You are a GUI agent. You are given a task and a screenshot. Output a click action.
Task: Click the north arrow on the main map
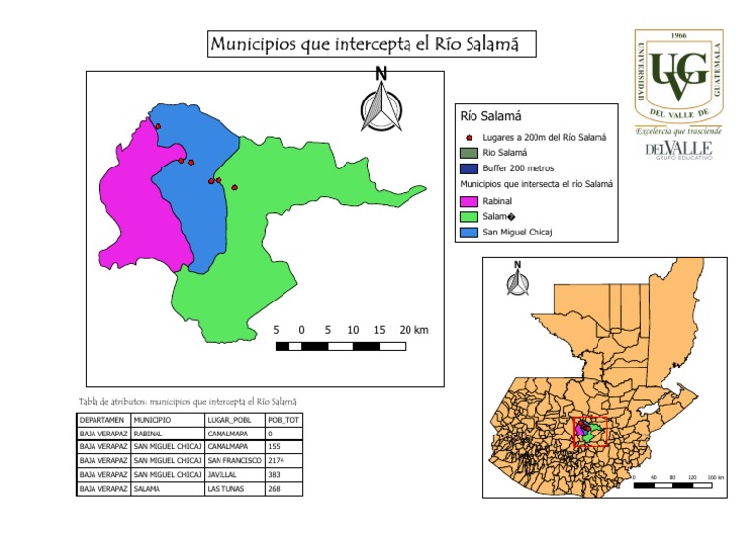point(381,100)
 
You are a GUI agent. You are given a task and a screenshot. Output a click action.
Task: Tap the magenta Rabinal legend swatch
point(471,200)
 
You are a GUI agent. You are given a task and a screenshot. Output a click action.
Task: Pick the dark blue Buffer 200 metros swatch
point(471,168)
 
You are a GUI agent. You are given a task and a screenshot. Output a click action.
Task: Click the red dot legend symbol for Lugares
point(471,137)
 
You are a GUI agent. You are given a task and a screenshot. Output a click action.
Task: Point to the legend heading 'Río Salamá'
point(490,117)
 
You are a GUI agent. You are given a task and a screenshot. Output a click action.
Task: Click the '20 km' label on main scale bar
point(414,329)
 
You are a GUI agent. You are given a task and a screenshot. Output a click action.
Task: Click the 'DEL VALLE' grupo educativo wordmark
point(677,149)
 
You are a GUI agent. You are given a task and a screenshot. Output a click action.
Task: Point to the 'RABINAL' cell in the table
point(152,433)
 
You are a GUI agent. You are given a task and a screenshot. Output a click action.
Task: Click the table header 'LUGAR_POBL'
point(228,420)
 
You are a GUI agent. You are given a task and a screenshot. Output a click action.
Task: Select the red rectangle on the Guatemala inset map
point(591,432)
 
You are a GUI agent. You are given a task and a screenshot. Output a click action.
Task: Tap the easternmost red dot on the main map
point(234,186)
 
